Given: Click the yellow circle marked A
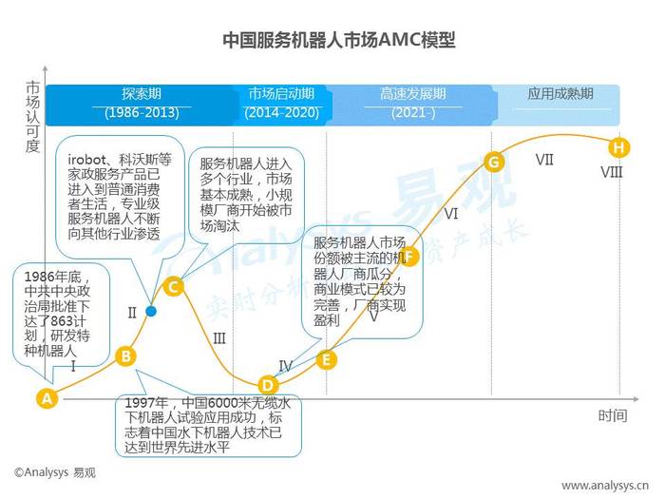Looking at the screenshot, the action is [47, 398].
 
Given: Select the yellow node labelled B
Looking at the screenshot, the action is [126, 356].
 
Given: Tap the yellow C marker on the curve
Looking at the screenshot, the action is [173, 287].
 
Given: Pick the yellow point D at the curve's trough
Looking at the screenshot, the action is [268, 385].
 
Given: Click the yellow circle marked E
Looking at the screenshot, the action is [327, 359].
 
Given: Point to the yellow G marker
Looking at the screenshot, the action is [494, 163].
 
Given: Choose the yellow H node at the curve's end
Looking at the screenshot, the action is [618, 147].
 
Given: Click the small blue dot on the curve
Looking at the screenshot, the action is [150, 312].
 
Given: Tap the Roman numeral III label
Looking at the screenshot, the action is [219, 338].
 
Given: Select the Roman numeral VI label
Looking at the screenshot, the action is [451, 213].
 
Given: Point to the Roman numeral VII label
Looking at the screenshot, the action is [544, 160].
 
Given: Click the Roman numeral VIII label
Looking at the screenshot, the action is [612, 172].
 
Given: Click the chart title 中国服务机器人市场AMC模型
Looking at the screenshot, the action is [339, 40].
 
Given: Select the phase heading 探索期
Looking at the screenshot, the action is [142, 93].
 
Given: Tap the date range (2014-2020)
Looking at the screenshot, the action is [281, 113].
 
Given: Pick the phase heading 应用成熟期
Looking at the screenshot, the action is [560, 93].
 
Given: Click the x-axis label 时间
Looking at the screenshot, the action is [613, 416].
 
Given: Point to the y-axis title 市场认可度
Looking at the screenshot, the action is [33, 117].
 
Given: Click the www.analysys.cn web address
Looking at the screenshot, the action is [605, 485].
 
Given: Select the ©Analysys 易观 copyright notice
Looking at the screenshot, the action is [55, 472].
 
